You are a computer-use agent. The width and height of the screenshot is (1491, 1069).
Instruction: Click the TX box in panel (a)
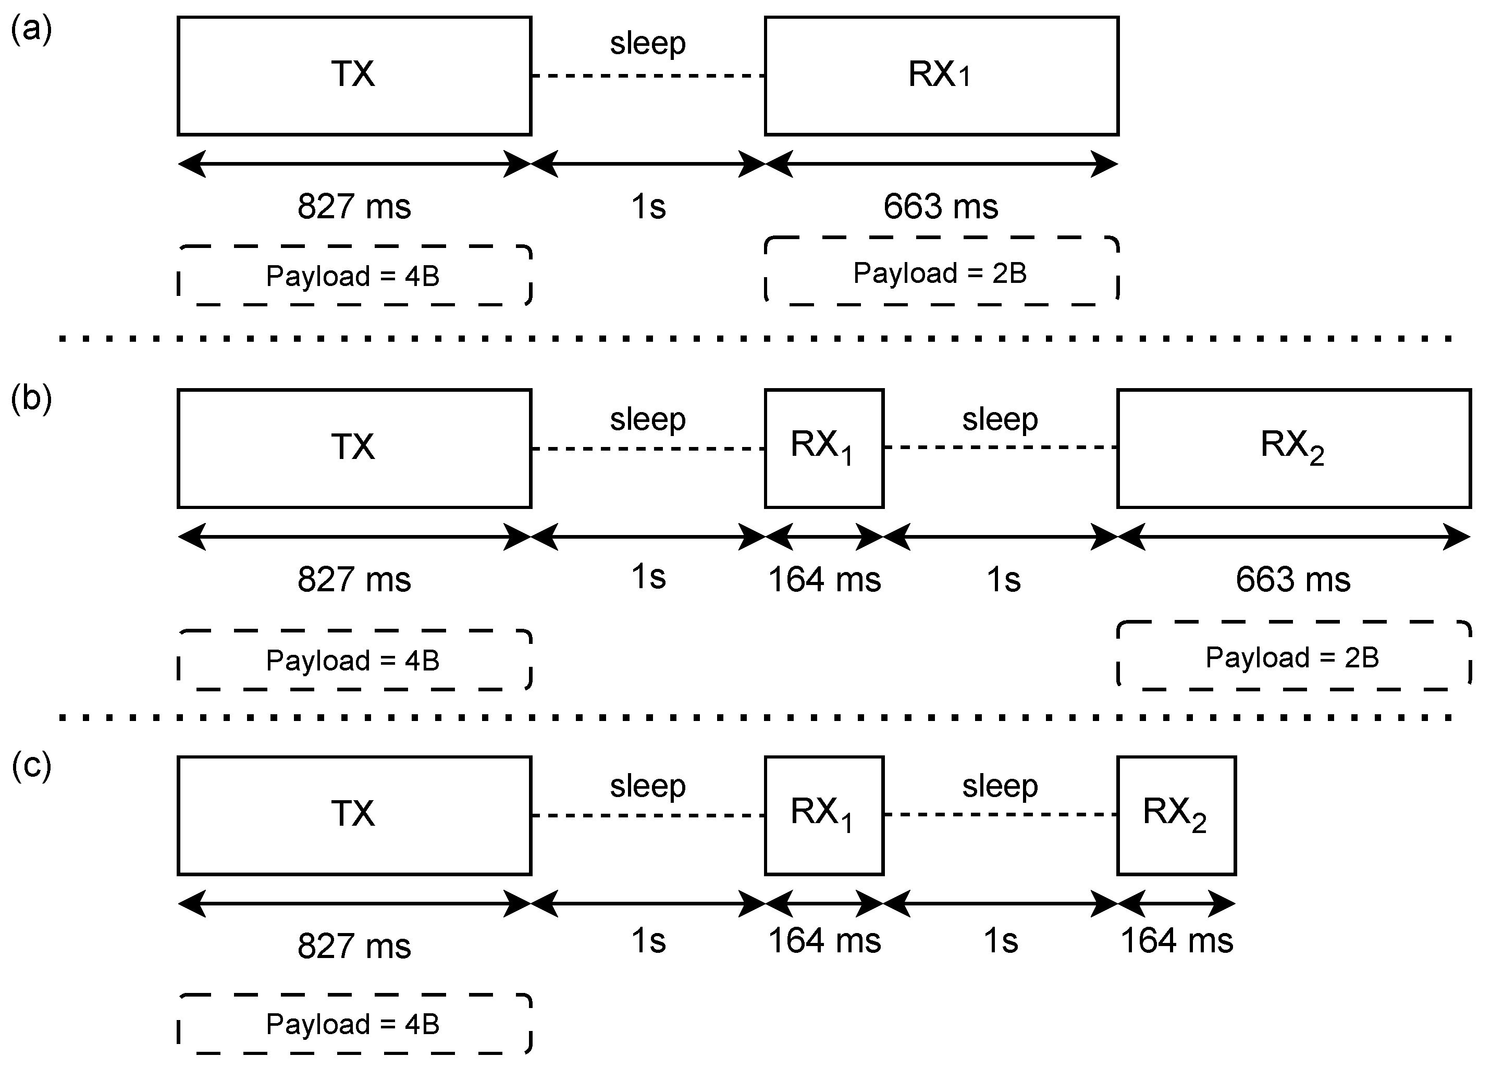(354, 76)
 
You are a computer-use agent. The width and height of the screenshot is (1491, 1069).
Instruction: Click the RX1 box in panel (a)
(941, 76)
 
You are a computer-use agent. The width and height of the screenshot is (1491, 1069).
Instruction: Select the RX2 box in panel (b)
(1293, 448)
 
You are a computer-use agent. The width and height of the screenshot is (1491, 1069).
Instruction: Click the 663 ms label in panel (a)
(940, 206)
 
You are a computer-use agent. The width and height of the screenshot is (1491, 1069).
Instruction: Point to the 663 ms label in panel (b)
(1292, 579)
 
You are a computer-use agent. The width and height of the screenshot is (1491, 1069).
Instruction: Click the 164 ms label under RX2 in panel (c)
(1176, 940)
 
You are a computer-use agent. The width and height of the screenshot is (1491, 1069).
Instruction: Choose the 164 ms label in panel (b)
(824, 579)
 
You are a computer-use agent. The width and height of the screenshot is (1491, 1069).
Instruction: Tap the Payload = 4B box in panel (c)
(354, 1024)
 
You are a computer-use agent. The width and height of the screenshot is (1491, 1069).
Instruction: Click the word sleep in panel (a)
(648, 43)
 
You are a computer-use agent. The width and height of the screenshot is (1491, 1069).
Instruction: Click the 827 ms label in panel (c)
(354, 946)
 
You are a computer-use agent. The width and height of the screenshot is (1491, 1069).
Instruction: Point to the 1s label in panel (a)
(648, 206)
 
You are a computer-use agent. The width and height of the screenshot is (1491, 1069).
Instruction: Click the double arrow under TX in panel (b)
(354, 537)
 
